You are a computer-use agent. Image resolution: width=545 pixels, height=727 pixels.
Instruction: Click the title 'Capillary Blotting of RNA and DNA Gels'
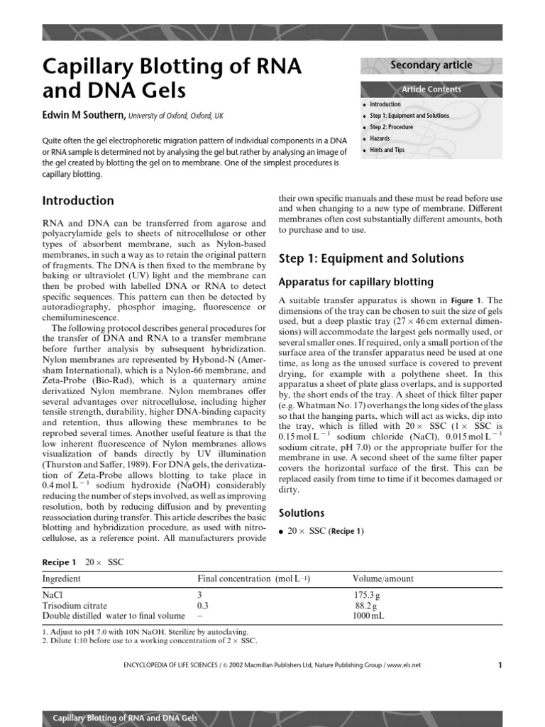(x=172, y=78)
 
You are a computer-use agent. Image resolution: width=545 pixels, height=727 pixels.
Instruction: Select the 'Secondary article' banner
(x=431, y=65)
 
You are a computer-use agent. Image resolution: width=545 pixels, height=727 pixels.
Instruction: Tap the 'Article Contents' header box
(x=431, y=89)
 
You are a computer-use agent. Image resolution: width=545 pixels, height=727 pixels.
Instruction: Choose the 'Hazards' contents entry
(x=380, y=138)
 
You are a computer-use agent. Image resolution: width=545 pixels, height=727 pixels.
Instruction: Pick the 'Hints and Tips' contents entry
(x=387, y=150)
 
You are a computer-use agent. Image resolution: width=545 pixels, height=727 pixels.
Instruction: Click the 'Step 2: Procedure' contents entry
(x=391, y=127)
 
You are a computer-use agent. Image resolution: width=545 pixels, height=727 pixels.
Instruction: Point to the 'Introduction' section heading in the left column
(x=78, y=201)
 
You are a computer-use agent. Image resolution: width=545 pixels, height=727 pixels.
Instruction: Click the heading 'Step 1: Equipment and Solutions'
(x=371, y=258)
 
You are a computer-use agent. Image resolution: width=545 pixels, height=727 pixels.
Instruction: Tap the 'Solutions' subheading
(x=302, y=513)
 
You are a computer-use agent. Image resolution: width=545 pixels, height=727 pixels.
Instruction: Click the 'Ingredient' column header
(x=62, y=579)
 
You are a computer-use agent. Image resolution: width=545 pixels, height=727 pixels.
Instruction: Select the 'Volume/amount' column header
(x=382, y=579)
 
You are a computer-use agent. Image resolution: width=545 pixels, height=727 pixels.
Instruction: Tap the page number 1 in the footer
(x=500, y=665)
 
